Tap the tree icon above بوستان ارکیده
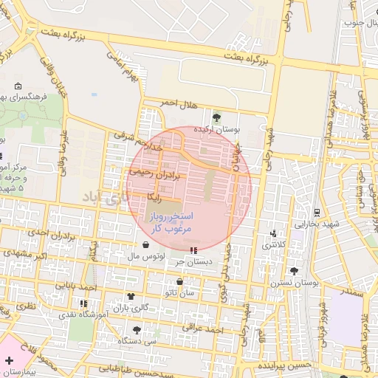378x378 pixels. pyautogui.click(x=216, y=117)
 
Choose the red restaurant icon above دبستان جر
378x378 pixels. pyautogui.click(x=193, y=250)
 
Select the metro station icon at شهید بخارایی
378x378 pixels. pyautogui.click(x=316, y=212)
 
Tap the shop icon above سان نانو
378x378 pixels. pyautogui.click(x=180, y=281)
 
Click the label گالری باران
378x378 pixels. pyautogui.click(x=131, y=307)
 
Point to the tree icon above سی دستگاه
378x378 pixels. pyautogui.click(x=137, y=330)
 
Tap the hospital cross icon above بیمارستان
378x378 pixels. pyautogui.click(x=9, y=361)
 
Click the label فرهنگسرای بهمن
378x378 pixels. pyautogui.click(x=30, y=97)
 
